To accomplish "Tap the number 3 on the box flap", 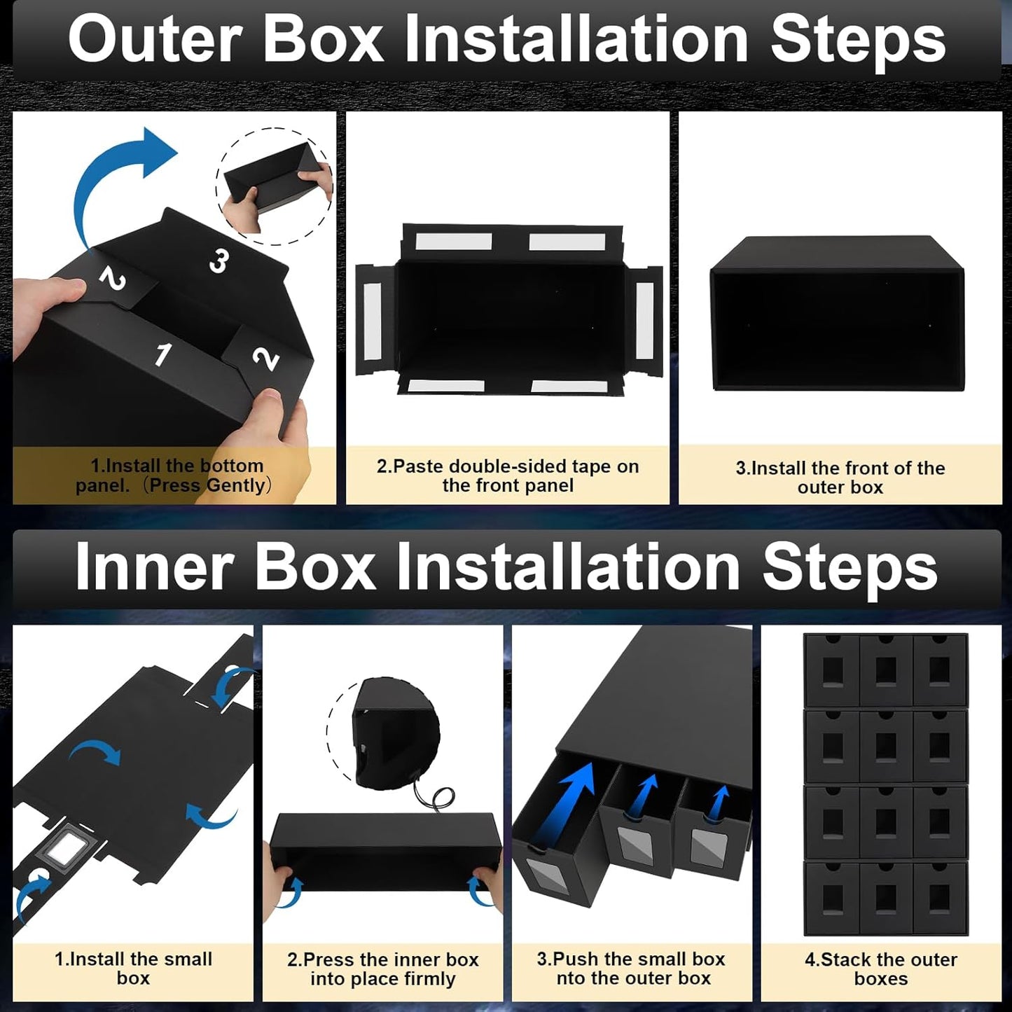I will [x=219, y=261].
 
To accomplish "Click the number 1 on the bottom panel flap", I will [x=162, y=354].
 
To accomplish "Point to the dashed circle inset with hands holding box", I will [x=275, y=186].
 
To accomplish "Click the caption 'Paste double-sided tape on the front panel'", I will [x=508, y=476].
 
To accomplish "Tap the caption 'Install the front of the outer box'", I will [x=840, y=477].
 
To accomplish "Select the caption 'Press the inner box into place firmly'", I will [x=382, y=969].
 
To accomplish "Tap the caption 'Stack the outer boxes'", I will [x=881, y=969].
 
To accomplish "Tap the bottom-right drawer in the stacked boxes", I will [x=940, y=898].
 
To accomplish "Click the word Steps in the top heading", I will [x=858, y=40].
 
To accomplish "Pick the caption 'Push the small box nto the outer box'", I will [x=632, y=969].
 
